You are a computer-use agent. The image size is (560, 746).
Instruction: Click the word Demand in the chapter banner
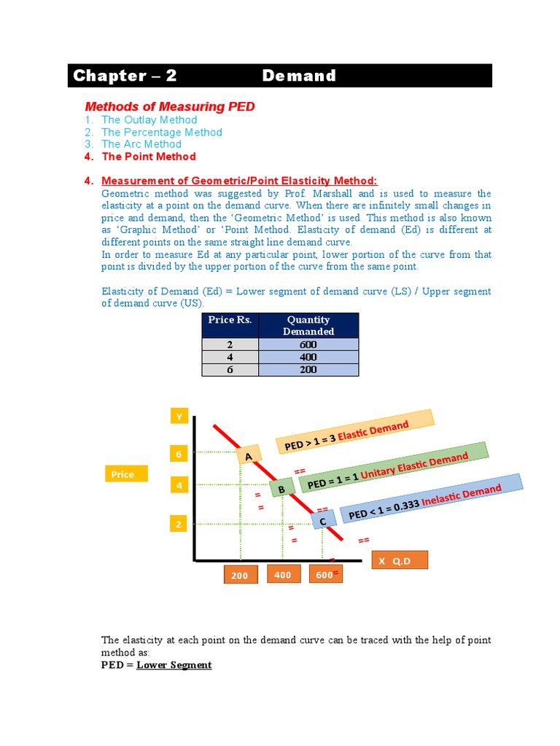(x=299, y=76)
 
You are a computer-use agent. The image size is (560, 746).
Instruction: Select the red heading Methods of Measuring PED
(x=170, y=106)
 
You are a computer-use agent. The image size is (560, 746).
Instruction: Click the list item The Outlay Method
(x=149, y=119)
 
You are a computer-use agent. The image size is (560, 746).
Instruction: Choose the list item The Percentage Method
(x=161, y=132)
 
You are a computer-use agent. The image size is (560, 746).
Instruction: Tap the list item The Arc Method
(x=141, y=144)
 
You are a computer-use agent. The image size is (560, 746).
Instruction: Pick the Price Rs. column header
(x=230, y=320)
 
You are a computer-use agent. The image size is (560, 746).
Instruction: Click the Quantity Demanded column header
(x=308, y=325)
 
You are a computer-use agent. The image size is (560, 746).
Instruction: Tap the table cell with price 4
(x=230, y=357)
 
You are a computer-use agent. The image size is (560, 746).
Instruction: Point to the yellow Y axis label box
(x=179, y=417)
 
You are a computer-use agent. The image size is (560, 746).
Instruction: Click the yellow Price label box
(x=125, y=474)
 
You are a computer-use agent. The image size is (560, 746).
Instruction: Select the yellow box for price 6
(x=178, y=455)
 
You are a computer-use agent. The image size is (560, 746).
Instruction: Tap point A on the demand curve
(x=248, y=456)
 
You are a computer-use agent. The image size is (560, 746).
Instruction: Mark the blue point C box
(x=323, y=520)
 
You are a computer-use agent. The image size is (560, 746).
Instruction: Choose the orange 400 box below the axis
(x=283, y=575)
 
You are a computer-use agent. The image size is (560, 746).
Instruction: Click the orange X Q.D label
(x=400, y=561)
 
